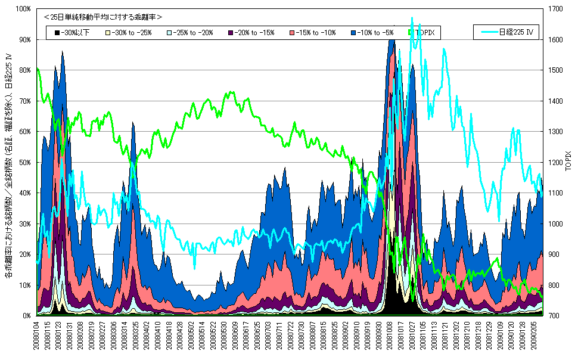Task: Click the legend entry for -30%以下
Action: click(x=72, y=33)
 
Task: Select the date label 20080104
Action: click(x=39, y=337)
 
